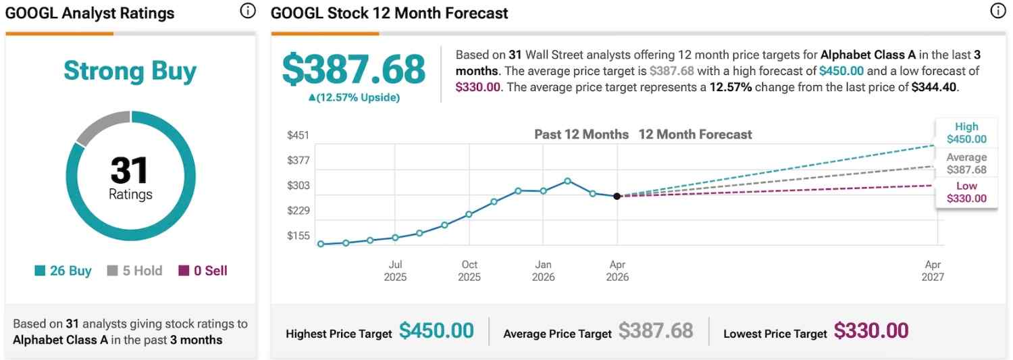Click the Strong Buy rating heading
pyautogui.click(x=130, y=71)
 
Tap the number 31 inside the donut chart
pyautogui.click(x=130, y=170)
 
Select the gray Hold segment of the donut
pyautogui.click(x=101, y=126)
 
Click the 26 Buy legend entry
pyautogui.click(x=63, y=271)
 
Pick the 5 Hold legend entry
pyautogui.click(x=135, y=271)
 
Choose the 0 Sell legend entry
pyautogui.click(x=203, y=271)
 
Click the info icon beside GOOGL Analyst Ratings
pyautogui.click(x=248, y=11)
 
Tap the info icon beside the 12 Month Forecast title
pyautogui.click(x=997, y=11)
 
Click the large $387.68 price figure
pyautogui.click(x=354, y=70)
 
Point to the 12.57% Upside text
pyautogui.click(x=354, y=97)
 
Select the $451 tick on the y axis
pyautogui.click(x=298, y=135)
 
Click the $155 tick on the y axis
pyautogui.click(x=298, y=236)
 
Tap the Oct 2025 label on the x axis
pyautogui.click(x=469, y=271)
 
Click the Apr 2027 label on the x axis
pyautogui.click(x=933, y=271)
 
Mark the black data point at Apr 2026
pyautogui.click(x=617, y=196)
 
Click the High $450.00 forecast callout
pyautogui.click(x=966, y=133)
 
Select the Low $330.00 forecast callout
pyautogui.click(x=966, y=192)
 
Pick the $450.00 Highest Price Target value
pyautogui.click(x=436, y=331)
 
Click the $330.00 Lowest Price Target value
pyautogui.click(x=871, y=331)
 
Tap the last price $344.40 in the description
pyautogui.click(x=934, y=86)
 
